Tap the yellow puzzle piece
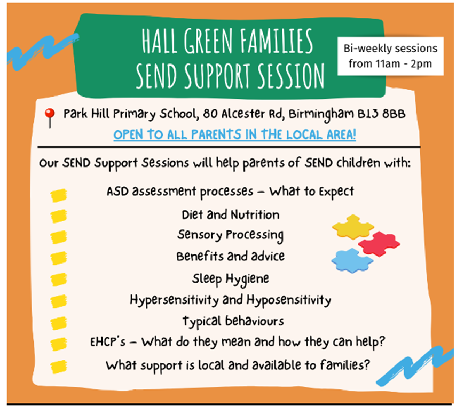click(x=353, y=227)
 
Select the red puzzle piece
click(x=379, y=244)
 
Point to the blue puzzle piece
click(x=352, y=260)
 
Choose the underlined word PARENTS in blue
click(x=216, y=134)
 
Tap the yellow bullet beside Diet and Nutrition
click(x=59, y=216)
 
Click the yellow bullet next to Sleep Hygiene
click(x=59, y=280)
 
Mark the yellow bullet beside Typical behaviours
click(x=59, y=323)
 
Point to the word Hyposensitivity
click(x=289, y=301)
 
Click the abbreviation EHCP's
click(x=108, y=342)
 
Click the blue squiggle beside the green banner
click(x=43, y=51)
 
